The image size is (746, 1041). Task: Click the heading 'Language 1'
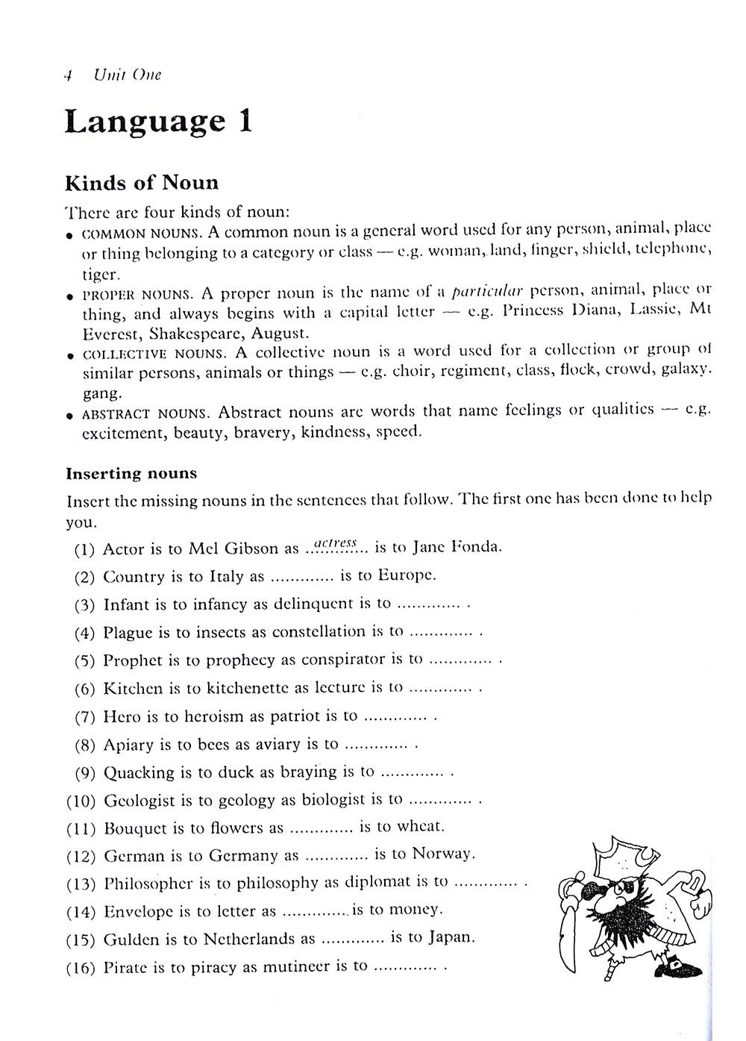158,122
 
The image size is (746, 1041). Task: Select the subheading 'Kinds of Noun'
142,183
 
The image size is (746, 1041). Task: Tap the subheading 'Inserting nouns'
131,474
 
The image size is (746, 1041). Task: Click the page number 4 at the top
68,75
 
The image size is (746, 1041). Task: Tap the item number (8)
85,745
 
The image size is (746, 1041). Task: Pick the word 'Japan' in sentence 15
451,937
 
